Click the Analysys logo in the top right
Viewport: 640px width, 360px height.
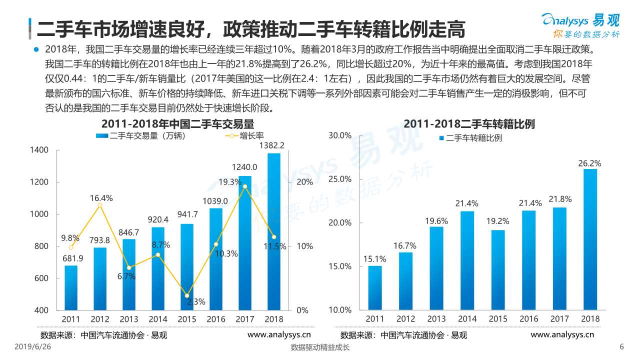(581, 24)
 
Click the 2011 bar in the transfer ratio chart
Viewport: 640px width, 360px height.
(375, 287)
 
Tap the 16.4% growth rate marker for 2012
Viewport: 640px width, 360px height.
(100, 205)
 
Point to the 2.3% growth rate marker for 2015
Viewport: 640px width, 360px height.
(187, 296)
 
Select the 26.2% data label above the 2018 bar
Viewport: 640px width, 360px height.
(590, 163)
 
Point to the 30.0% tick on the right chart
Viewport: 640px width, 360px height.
(340, 135)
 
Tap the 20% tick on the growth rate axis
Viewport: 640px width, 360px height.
(305, 182)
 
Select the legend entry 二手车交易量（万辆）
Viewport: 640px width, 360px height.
(142, 136)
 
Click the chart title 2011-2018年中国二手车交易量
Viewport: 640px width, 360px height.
(177, 123)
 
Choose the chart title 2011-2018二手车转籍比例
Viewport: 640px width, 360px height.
(469, 124)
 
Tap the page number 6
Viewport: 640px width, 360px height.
(621, 347)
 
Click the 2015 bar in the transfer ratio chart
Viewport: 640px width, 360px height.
(498, 269)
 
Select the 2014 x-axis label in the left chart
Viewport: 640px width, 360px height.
(158, 318)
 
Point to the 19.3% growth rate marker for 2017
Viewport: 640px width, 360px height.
(245, 186)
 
